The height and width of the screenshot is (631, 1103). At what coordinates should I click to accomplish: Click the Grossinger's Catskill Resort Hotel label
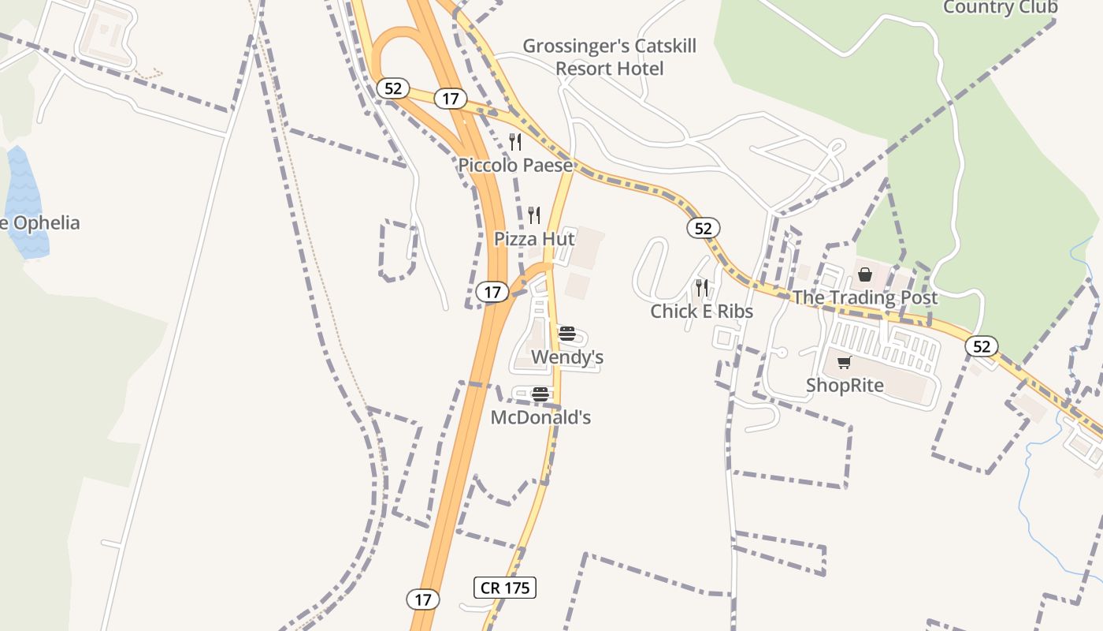pos(610,58)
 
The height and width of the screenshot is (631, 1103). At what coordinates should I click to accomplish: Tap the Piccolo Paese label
pos(515,166)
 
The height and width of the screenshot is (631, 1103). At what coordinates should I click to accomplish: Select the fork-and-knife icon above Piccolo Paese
pos(515,142)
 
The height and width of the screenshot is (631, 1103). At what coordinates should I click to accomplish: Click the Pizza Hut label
pos(534,239)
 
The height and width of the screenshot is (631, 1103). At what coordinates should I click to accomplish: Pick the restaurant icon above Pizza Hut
pos(534,215)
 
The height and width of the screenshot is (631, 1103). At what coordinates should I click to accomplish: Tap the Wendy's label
pos(567,357)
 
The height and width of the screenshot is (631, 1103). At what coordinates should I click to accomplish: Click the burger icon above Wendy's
pos(566,334)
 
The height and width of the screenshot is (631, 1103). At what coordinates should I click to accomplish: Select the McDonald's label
pos(540,417)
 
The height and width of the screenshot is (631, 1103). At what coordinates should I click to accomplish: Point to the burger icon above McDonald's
pos(540,394)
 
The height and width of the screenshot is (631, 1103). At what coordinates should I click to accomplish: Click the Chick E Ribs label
pos(701,312)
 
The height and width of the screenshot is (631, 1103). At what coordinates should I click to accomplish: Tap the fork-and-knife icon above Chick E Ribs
pos(701,288)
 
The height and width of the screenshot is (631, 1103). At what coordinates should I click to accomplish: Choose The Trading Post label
pos(865,298)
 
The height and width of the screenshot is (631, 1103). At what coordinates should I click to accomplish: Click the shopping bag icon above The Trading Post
pos(865,274)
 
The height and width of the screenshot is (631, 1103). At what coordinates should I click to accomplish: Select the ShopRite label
pos(845,386)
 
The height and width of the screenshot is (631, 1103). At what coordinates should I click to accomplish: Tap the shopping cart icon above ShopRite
pos(845,362)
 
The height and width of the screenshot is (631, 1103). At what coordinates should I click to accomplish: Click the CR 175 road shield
pos(505,588)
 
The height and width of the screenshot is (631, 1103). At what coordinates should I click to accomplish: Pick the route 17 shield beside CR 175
pos(423,599)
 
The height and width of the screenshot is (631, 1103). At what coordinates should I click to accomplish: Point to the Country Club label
pos(1000,8)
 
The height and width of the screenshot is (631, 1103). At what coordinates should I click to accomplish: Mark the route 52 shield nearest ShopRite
pos(981,346)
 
